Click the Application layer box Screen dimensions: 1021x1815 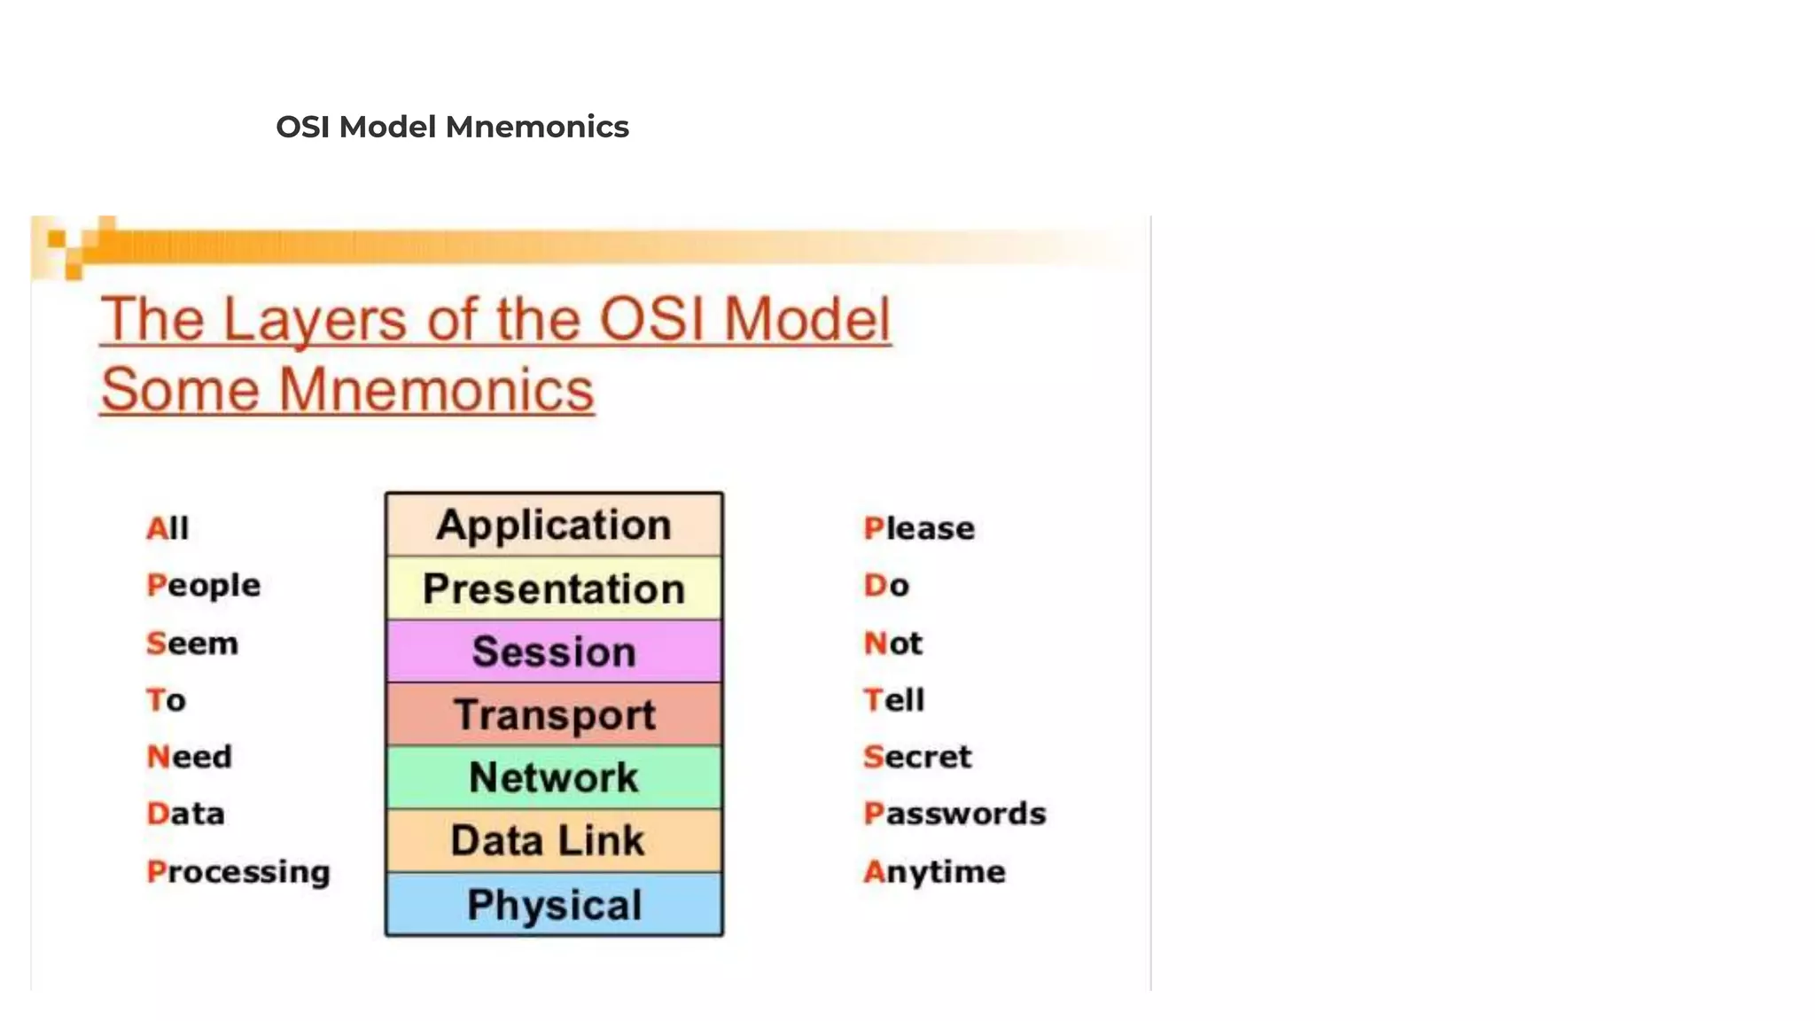pos(554,525)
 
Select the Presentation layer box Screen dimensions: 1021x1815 pos(554,588)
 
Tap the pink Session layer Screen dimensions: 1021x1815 pos(554,651)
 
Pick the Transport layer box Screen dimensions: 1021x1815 pos(554,714)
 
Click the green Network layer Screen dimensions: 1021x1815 pos(554,777)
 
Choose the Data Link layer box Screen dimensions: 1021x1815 pos(554,840)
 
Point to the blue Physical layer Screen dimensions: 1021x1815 pos(554,904)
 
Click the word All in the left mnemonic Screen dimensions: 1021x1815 pos(167,528)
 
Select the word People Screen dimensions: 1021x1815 pos(204,586)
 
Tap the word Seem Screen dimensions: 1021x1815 pos(192,643)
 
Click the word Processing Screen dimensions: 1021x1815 pos(238,872)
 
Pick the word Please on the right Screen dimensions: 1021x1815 pos(919,528)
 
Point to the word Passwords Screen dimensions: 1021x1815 pos(954,814)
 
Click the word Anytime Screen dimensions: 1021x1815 pos(934,872)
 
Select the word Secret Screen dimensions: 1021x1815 pos(917,757)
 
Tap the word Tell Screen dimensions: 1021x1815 pos(893,700)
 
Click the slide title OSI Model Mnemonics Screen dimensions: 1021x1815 pos(452,127)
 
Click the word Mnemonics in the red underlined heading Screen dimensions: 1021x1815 pos(436,390)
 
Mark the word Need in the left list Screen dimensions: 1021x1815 pos(189,757)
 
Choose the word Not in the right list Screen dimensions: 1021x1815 pos(892,643)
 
